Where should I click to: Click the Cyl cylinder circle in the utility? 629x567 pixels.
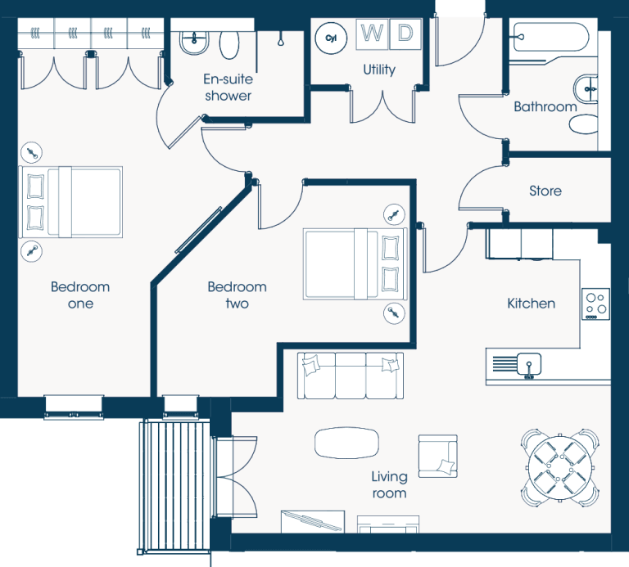[x=331, y=38]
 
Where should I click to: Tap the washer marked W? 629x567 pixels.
[x=372, y=34]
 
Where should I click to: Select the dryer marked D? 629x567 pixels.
[x=405, y=34]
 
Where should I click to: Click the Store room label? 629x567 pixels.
[x=545, y=191]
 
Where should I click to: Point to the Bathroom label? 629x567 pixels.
[x=545, y=106]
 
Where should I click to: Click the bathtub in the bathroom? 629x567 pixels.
[x=551, y=38]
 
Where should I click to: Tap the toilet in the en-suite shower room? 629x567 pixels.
[x=229, y=43]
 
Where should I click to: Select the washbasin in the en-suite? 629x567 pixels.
[x=194, y=42]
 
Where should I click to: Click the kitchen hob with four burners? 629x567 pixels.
[x=595, y=304]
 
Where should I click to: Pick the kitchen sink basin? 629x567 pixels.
[x=529, y=364]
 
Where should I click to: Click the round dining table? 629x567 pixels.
[x=560, y=468]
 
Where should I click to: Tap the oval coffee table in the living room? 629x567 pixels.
[x=346, y=443]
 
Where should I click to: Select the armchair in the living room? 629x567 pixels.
[x=437, y=456]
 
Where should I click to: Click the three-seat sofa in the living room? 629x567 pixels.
[x=351, y=376]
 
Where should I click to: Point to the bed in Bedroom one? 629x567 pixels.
[x=70, y=202]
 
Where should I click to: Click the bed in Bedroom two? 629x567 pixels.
[x=355, y=264]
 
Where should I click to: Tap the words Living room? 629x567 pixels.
[x=389, y=485]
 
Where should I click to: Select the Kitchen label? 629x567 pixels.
[x=531, y=304]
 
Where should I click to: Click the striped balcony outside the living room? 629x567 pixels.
[x=175, y=486]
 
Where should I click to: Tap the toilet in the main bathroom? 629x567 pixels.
[x=583, y=124]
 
